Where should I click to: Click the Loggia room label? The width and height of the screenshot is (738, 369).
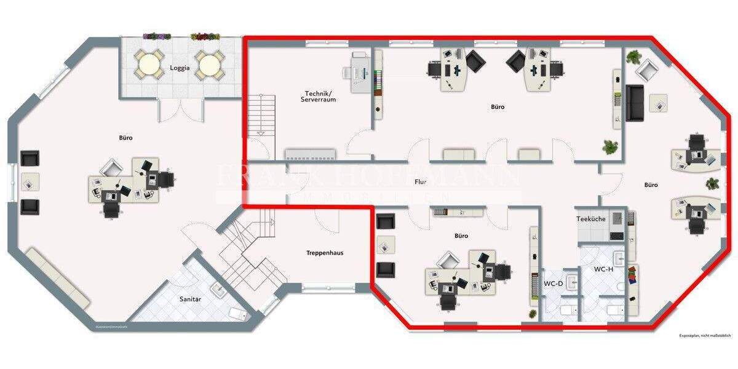click(x=180, y=69)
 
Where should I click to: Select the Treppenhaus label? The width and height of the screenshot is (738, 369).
click(x=325, y=253)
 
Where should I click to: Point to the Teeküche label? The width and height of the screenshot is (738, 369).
click(x=590, y=219)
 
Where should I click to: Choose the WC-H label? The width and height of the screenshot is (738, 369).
click(x=603, y=269)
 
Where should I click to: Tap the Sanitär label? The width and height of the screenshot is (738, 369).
click(x=190, y=299)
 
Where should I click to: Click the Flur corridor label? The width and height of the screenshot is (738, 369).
click(x=421, y=182)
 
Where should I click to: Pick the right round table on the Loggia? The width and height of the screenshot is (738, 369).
click(x=209, y=64)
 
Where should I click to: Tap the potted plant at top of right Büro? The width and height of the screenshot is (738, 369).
click(x=634, y=57)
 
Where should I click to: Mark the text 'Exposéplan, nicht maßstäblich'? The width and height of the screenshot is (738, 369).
click(x=705, y=336)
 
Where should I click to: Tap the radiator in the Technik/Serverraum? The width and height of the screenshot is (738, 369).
click(x=310, y=153)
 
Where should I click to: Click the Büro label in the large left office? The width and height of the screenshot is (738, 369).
click(x=125, y=138)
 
